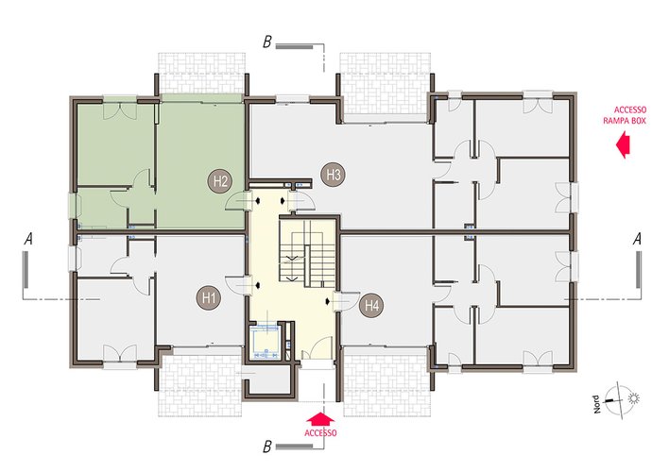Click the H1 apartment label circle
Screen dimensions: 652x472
pos(209,297)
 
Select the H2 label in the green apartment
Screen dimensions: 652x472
pos(220,181)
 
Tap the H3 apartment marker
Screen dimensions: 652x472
pos(334,174)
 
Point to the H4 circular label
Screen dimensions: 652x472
pos(371,306)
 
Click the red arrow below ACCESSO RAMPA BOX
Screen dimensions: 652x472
pos(624,144)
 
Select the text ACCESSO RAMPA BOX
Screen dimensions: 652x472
pos(625,115)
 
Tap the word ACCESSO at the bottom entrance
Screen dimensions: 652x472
pos(320,433)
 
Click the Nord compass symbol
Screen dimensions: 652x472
pos(614,400)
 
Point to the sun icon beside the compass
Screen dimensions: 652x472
pos(633,398)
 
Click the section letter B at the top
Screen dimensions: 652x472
pos(267,42)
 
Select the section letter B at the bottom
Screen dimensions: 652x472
pos(267,447)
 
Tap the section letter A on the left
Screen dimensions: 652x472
pos(28,240)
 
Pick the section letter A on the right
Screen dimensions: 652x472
pos(637,240)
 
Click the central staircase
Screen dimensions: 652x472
pos(307,253)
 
